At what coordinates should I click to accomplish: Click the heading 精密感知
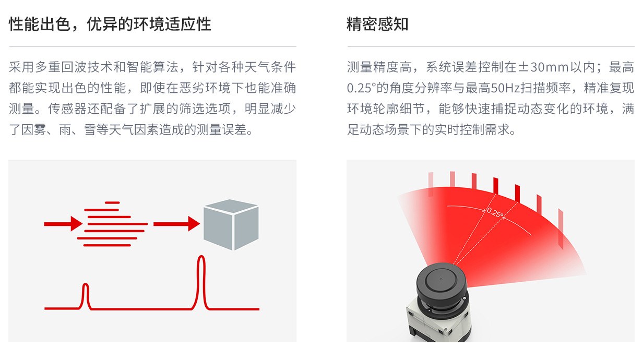[377, 24]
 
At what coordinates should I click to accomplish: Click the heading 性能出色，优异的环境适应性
[110, 24]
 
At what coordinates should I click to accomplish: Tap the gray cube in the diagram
[231, 224]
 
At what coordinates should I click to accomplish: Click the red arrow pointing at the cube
[176, 224]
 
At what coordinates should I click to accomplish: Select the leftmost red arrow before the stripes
[63, 224]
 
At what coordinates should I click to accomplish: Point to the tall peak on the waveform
[201, 256]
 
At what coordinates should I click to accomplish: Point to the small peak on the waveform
[85, 284]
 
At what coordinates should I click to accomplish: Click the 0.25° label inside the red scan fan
[495, 213]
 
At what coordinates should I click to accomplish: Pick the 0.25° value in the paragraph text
[361, 88]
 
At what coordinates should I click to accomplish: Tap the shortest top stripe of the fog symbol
[112, 203]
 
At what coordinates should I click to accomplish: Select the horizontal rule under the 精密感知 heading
[491, 46]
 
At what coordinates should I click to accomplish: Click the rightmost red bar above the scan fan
[561, 229]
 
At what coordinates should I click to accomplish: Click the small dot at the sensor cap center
[441, 279]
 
